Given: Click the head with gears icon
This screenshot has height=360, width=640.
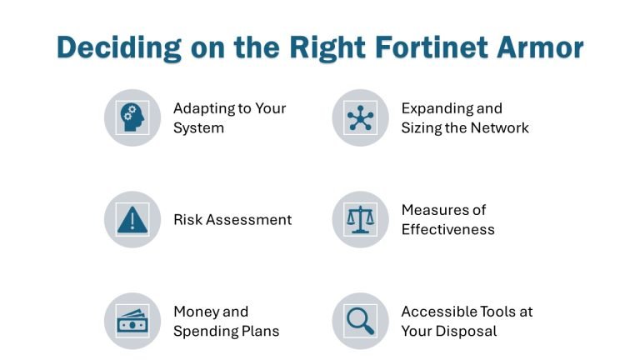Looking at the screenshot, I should pyautogui.click(x=132, y=117).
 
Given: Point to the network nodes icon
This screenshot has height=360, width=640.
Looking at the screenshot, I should pyautogui.click(x=360, y=117).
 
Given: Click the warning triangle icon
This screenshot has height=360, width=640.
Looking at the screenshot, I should pyautogui.click(x=132, y=220).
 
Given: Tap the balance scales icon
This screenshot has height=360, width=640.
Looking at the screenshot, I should pyautogui.click(x=360, y=220).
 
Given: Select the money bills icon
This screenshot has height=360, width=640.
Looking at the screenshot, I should pyautogui.click(x=132, y=321).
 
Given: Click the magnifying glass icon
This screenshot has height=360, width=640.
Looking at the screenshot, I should pyautogui.click(x=360, y=321).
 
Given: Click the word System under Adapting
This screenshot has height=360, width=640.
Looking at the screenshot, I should pyautogui.click(x=198, y=128).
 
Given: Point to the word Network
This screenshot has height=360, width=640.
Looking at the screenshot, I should pyautogui.click(x=502, y=128).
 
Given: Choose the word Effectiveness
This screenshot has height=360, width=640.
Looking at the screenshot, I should pyautogui.click(x=447, y=230).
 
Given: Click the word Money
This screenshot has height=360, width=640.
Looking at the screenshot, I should pyautogui.click(x=196, y=312).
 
